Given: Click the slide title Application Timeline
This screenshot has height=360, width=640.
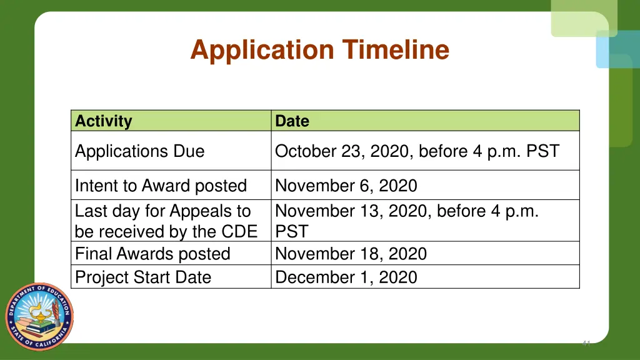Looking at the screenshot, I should pyautogui.click(x=319, y=50).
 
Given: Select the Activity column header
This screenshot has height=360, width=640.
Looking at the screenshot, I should pyautogui.click(x=104, y=121).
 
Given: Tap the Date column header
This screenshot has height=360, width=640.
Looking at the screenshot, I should pyautogui.click(x=292, y=121).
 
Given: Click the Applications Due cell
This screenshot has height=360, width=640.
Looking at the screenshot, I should pyautogui.click(x=139, y=151).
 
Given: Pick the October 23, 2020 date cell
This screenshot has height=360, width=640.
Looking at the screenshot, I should pyautogui.click(x=417, y=151).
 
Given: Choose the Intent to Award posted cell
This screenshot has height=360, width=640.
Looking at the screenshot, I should pyautogui.click(x=161, y=186).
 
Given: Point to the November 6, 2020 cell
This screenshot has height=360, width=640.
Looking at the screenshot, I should pyautogui.click(x=346, y=186).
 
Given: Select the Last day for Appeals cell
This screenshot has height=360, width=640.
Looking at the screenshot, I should pyautogui.click(x=166, y=221).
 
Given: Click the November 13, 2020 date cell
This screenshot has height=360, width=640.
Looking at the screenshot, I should pyautogui.click(x=406, y=221).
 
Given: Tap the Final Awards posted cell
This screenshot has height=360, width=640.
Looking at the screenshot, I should pyautogui.click(x=152, y=254).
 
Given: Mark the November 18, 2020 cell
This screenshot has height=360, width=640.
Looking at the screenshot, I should pyautogui.click(x=351, y=254).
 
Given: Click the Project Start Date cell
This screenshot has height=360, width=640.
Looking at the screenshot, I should pyautogui.click(x=142, y=277).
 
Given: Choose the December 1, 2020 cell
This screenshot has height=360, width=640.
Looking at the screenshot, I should pyautogui.click(x=346, y=277).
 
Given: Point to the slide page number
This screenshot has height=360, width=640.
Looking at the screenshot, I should pyautogui.click(x=586, y=342).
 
